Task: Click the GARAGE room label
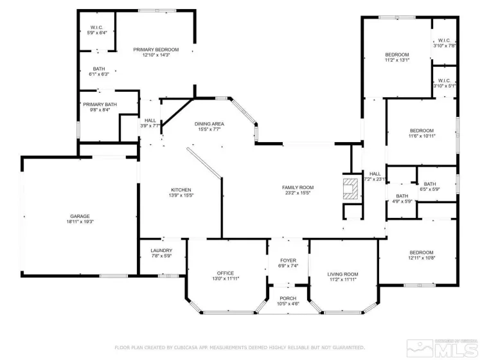pyautogui.click(x=80, y=216)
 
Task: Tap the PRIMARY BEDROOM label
pyautogui.click(x=156, y=50)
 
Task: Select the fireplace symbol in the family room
pyautogui.click(x=350, y=190)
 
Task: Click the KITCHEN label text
pyautogui.click(x=181, y=190)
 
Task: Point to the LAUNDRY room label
pyautogui.click(x=161, y=251)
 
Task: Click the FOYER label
pyautogui.click(x=288, y=260)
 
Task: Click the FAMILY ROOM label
pyautogui.click(x=298, y=187)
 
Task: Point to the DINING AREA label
pyautogui.click(x=209, y=123)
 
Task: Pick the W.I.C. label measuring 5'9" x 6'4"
pyautogui.click(x=97, y=28)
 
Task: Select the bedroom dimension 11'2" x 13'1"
pyautogui.click(x=396, y=60)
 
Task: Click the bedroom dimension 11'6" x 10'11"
pyautogui.click(x=422, y=136)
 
